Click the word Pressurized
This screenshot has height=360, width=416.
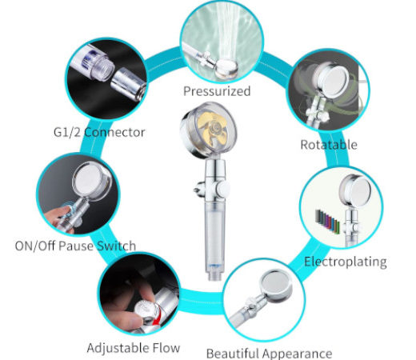[x=217, y=91]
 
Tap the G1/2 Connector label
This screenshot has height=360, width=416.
[x=99, y=132]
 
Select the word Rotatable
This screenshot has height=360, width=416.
[x=329, y=145]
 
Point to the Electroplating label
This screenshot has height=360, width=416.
[x=346, y=262]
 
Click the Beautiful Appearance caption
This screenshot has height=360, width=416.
[x=270, y=354]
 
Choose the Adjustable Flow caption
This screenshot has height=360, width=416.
[x=134, y=348]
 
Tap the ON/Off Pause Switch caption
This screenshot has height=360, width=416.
[x=75, y=246]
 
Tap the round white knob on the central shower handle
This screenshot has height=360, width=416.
[x=223, y=189]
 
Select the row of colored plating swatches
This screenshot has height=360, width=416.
[x=327, y=221]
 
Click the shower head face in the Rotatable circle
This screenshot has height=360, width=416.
[x=334, y=79]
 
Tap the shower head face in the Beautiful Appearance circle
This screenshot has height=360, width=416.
[x=277, y=286]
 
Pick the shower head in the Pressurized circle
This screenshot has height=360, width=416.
[x=226, y=68]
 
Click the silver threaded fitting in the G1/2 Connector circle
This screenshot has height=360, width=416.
[x=129, y=83]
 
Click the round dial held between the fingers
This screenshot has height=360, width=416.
[x=144, y=310]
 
